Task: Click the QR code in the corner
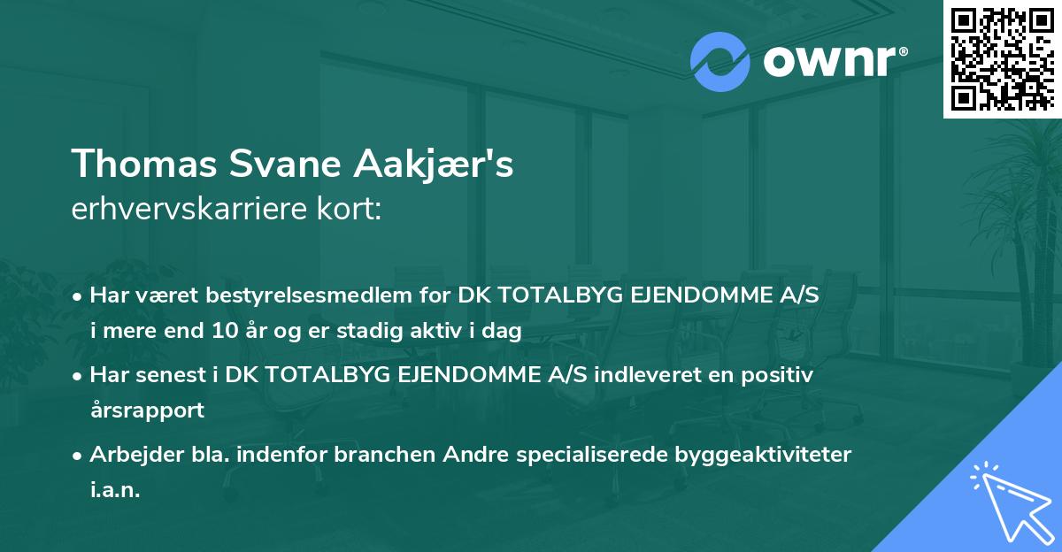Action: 1003,58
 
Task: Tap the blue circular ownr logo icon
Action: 720,62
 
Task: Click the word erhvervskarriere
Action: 186,211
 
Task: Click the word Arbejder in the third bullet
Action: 129,455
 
